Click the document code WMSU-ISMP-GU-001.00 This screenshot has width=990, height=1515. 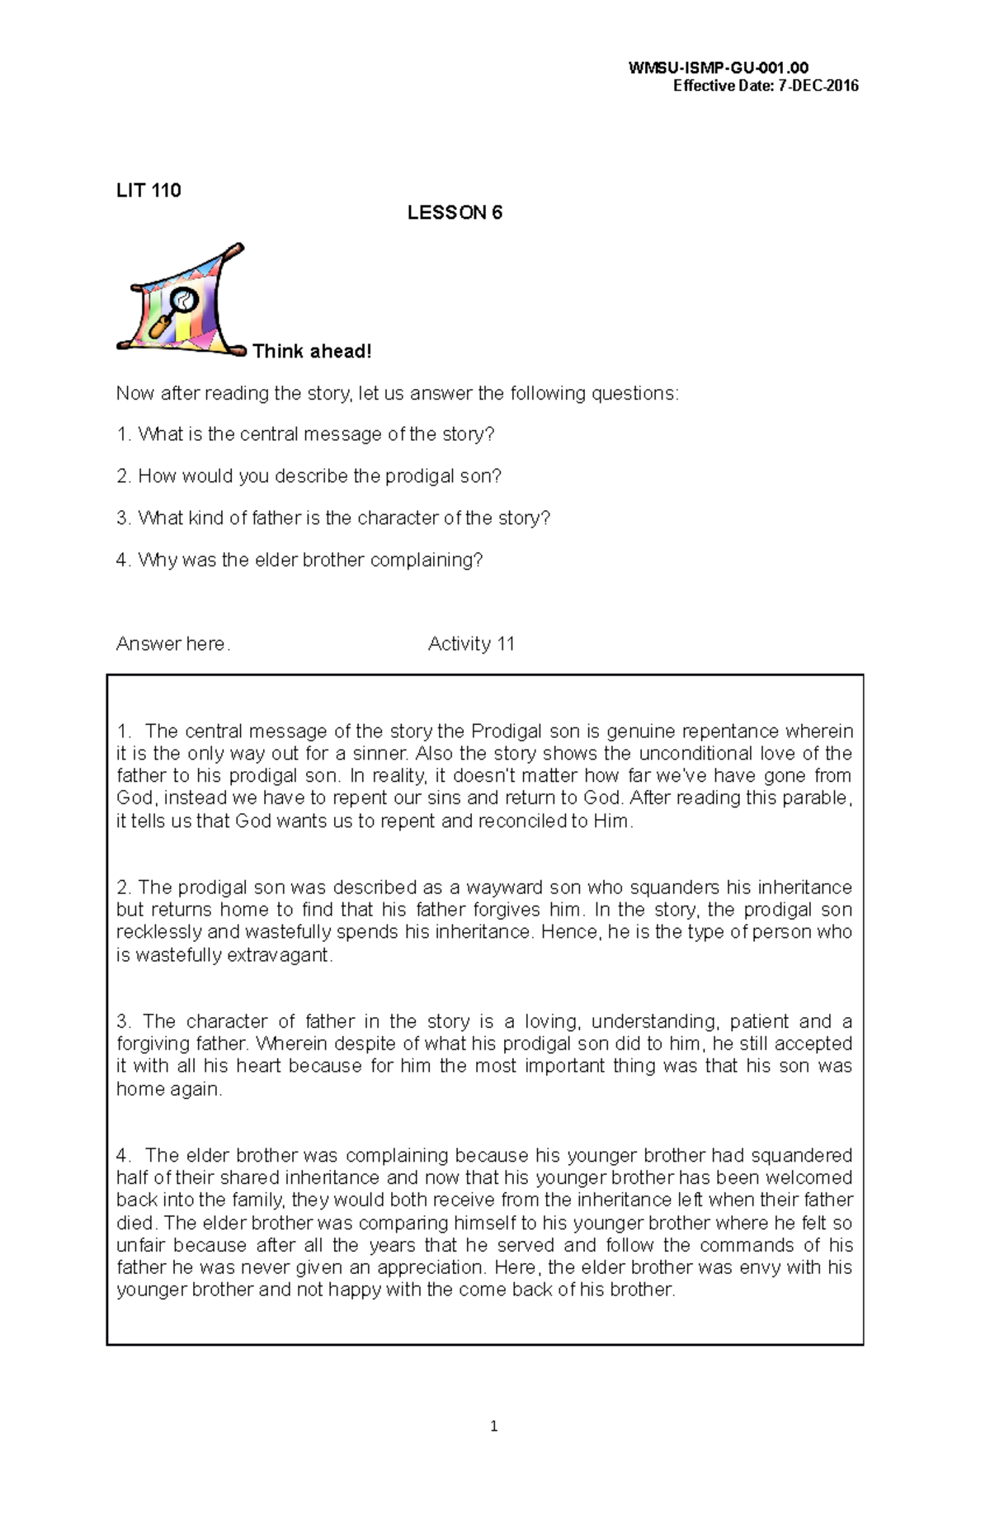click(718, 69)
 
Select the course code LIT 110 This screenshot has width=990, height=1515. click(148, 191)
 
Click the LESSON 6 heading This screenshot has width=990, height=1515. click(455, 213)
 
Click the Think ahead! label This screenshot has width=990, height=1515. click(312, 352)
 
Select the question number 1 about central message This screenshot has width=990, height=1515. click(123, 435)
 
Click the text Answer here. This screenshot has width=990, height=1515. click(173, 644)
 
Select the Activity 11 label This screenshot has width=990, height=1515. click(471, 644)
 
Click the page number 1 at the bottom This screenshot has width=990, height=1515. click(493, 1427)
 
